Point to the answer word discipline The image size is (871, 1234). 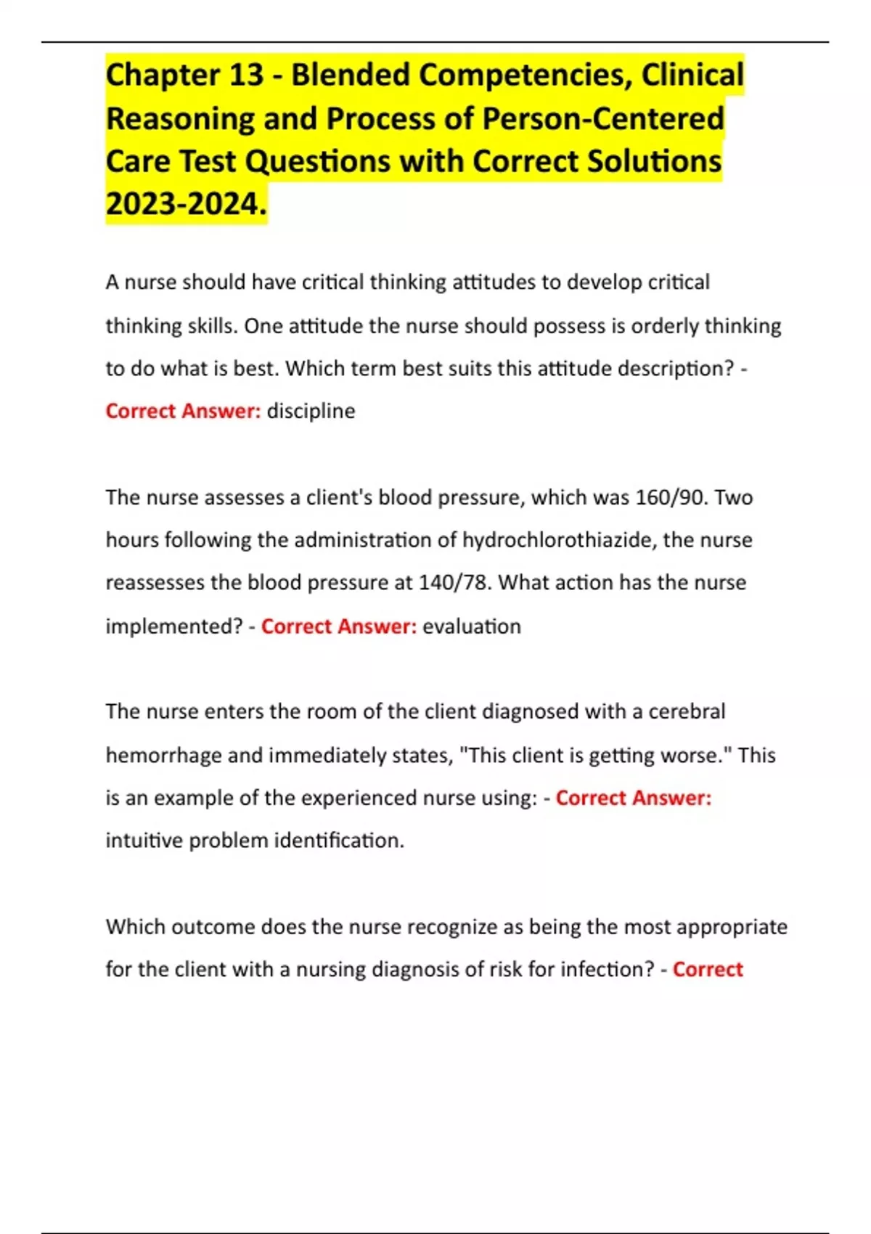311,411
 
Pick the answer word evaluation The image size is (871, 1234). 472,626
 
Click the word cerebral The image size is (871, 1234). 687,711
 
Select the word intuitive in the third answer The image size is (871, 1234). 144,841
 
